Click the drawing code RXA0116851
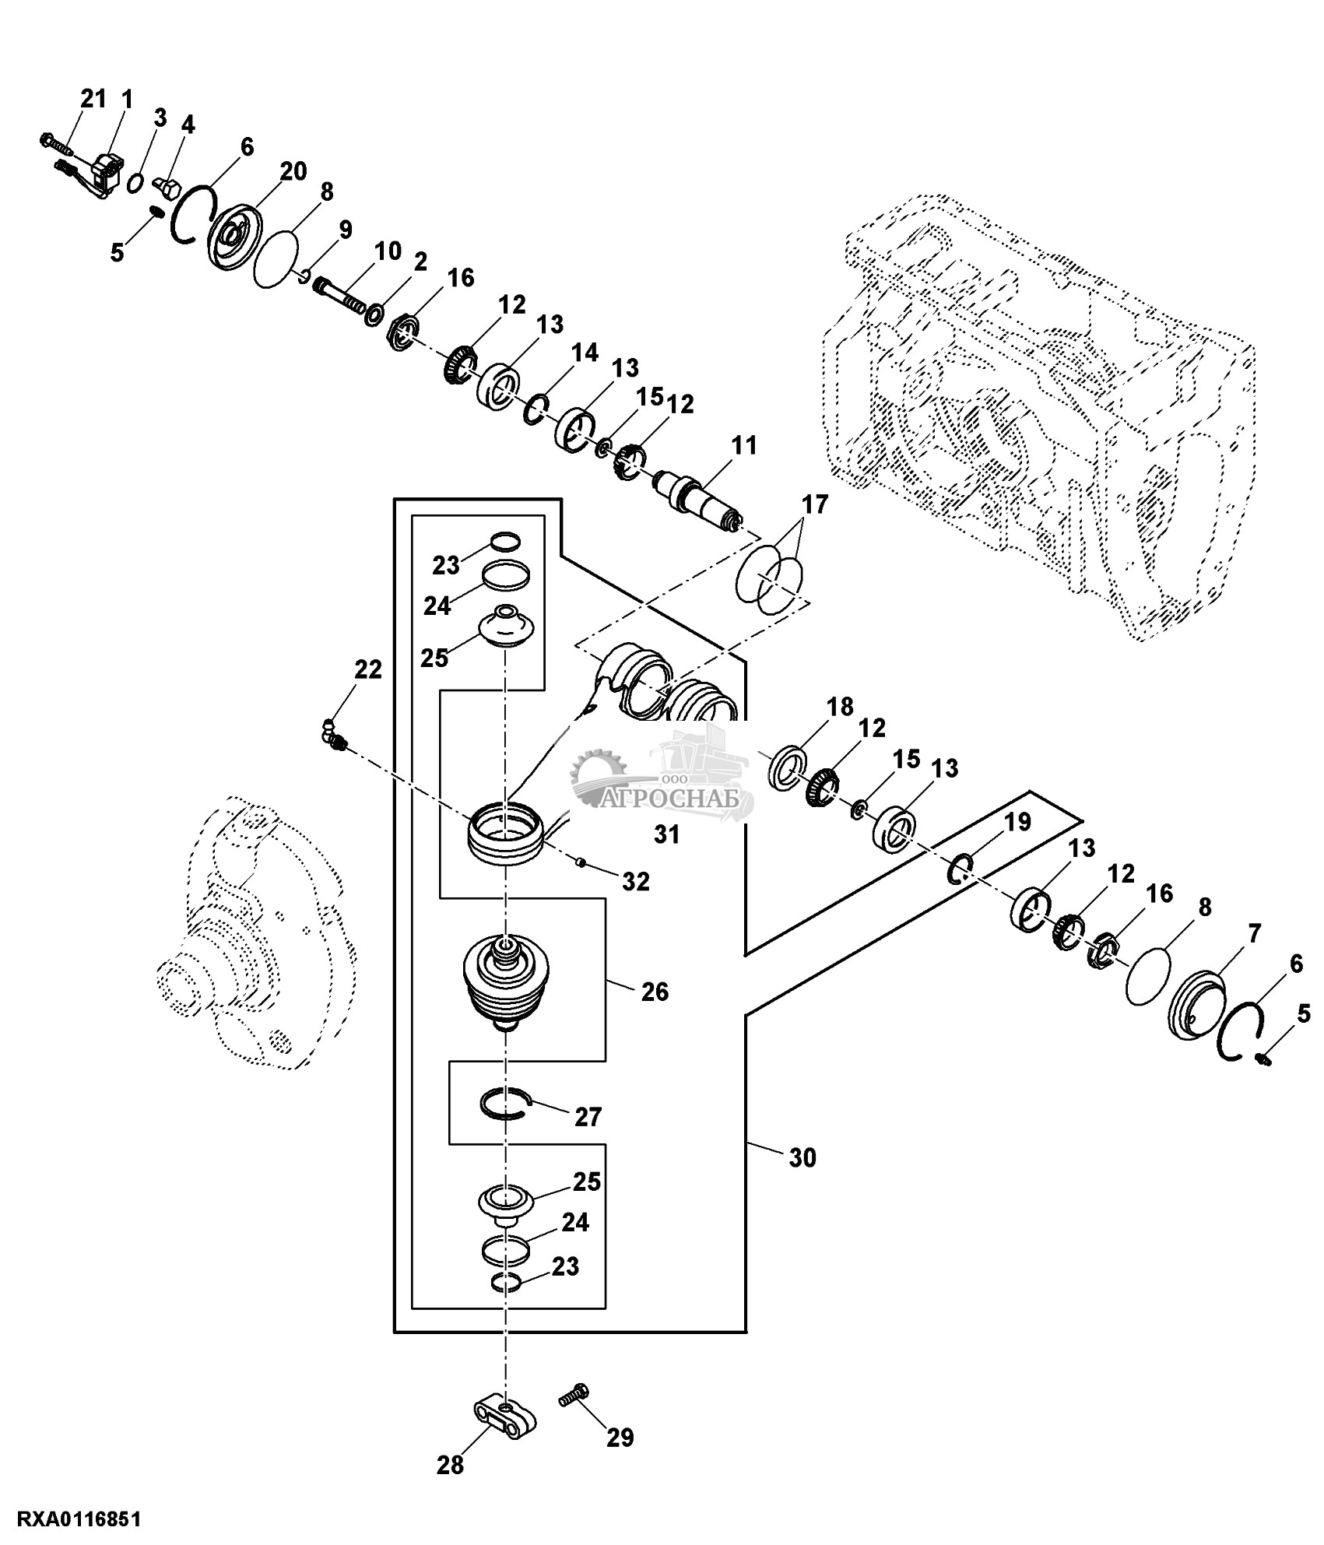[x=71, y=1519]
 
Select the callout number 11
[x=743, y=446]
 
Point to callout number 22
[x=368, y=669]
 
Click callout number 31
[x=667, y=834]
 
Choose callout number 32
[x=636, y=881]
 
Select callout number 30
[x=802, y=1180]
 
